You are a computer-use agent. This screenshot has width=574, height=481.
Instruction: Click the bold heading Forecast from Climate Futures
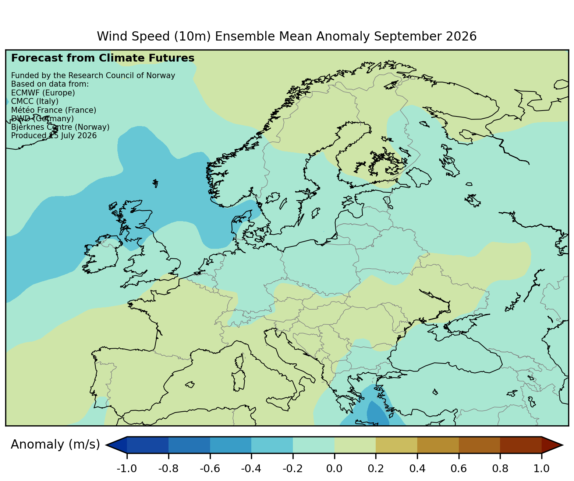[x=103, y=58]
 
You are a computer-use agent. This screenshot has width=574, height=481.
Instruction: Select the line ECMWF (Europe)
[x=43, y=93]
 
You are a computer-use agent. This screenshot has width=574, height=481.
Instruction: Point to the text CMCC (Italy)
[x=35, y=101]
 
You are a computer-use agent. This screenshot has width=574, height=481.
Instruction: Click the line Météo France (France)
[x=54, y=110]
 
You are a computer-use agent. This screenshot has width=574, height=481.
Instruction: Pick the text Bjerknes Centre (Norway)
[x=60, y=127]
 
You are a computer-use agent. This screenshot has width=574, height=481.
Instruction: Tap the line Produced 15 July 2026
[x=54, y=136]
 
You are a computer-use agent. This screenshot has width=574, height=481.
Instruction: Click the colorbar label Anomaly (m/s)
[x=55, y=445]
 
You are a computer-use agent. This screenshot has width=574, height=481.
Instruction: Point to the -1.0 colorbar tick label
[x=127, y=468]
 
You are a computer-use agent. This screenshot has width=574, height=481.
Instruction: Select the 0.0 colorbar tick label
[x=334, y=468]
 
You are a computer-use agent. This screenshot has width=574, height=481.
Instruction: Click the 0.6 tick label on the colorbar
[x=458, y=468]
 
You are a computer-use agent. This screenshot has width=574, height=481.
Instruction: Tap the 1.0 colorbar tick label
[x=541, y=468]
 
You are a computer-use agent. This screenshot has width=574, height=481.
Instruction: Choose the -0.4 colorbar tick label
[x=251, y=468]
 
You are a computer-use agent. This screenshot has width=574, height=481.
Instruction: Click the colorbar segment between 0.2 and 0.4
[x=396, y=445]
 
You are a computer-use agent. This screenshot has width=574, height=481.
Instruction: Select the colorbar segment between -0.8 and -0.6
[x=189, y=445]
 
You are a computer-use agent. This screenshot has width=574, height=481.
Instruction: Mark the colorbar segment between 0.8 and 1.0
[x=521, y=445]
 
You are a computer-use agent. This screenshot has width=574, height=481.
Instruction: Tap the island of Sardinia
[x=239, y=380]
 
